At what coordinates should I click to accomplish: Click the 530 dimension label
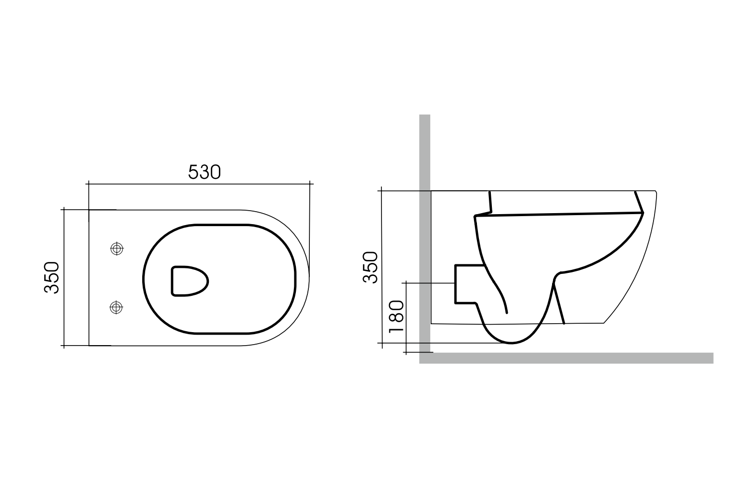pyautogui.click(x=204, y=172)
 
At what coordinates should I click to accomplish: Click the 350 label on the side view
pyautogui.click(x=371, y=267)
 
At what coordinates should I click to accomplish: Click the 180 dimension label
pyautogui.click(x=396, y=318)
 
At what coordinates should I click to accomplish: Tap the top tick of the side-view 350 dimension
pyautogui.click(x=381, y=191)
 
